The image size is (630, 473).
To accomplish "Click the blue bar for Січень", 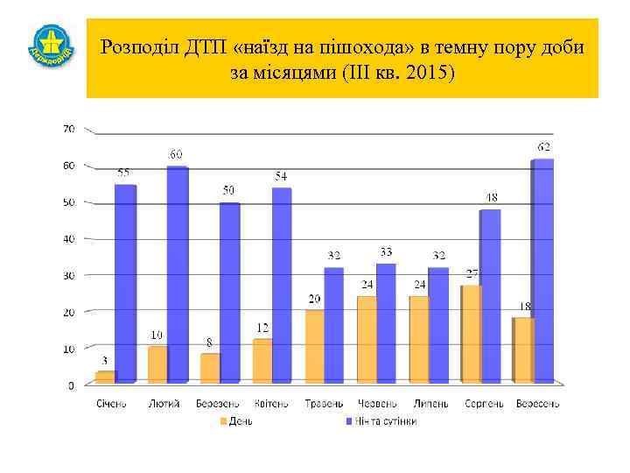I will coord(126,284).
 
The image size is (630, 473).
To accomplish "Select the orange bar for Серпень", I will coord(471,335).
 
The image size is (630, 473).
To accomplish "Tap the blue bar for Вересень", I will coord(542,271).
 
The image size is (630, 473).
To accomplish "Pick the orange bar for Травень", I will coord(314,347).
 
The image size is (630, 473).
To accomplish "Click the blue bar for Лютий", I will coord(178,274).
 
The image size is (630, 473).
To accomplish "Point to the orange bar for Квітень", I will coord(262,361).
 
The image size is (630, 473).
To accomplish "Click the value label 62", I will coord(544,146).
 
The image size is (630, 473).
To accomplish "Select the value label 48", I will coord(492,196).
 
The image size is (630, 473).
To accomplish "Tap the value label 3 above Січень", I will coord(104,360).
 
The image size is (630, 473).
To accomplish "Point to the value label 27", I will coord(472,274).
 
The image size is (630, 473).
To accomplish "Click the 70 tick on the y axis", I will coord(68,129).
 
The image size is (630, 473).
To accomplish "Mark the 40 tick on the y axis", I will coord(68,238).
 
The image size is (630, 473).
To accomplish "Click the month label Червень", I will coord(377,404).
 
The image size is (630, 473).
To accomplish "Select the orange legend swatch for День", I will coord(222,421).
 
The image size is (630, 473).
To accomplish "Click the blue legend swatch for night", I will coord(346,421).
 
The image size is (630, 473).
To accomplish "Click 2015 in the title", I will coord(429,72).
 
